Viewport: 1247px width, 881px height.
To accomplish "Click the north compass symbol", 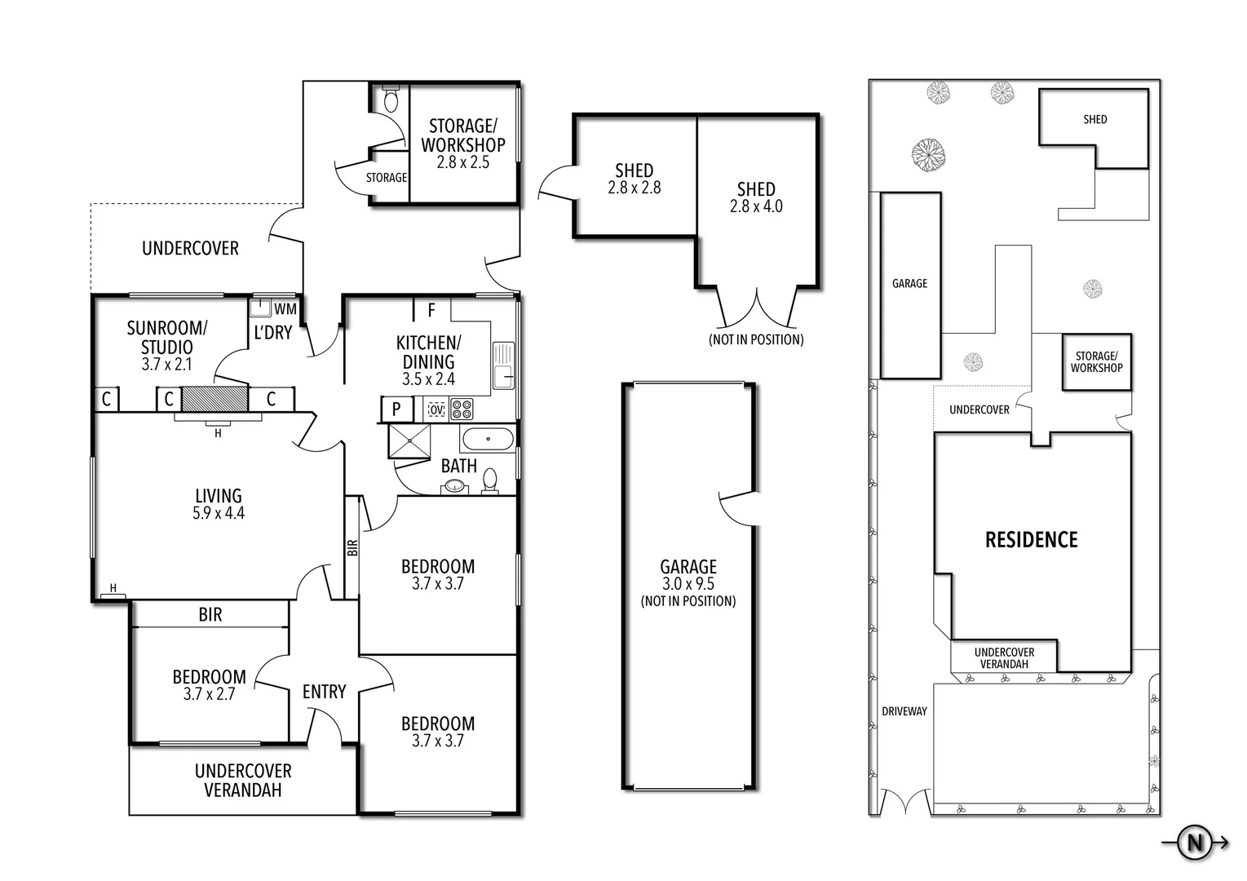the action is click(1196, 843).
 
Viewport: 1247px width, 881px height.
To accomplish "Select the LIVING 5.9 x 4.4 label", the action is click(219, 504).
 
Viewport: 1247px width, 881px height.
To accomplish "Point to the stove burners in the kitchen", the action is click(462, 408).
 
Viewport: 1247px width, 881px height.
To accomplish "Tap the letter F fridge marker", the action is click(431, 311).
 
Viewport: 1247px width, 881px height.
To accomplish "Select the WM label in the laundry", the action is click(285, 309).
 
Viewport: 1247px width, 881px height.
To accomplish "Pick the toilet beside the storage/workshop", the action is click(391, 100).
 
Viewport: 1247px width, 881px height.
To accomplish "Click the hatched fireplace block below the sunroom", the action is click(214, 399).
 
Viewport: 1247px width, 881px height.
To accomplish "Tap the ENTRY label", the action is click(325, 692).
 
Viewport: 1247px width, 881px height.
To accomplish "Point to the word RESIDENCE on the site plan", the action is click(1032, 540).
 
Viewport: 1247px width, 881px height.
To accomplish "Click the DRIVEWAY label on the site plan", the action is click(904, 711).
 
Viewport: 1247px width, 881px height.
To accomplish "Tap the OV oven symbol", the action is click(436, 408).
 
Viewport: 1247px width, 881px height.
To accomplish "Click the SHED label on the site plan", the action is click(1095, 119).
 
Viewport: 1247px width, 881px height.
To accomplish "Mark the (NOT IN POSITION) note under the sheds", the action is click(756, 339).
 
